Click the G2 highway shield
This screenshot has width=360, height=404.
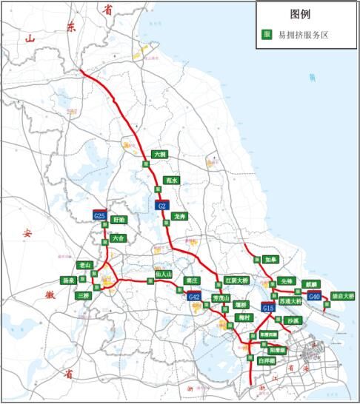[162, 205]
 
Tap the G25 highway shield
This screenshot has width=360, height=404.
[100, 215]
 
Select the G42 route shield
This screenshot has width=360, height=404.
[194, 297]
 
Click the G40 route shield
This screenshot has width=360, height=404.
[315, 297]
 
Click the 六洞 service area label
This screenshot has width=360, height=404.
[159, 155]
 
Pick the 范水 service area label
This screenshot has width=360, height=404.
[172, 180]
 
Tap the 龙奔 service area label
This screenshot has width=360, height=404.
[179, 216]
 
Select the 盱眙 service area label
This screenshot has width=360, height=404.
[119, 220]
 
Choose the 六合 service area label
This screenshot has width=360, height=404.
[119, 238]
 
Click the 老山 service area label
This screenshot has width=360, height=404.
[84, 265]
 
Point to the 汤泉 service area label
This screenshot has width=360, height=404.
[69, 280]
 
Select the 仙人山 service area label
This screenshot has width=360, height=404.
[164, 274]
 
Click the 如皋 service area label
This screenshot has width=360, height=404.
[270, 260]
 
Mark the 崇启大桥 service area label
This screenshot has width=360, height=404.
[342, 296]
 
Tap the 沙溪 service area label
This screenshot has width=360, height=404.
[291, 320]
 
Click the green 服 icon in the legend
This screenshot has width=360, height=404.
[267, 34]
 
